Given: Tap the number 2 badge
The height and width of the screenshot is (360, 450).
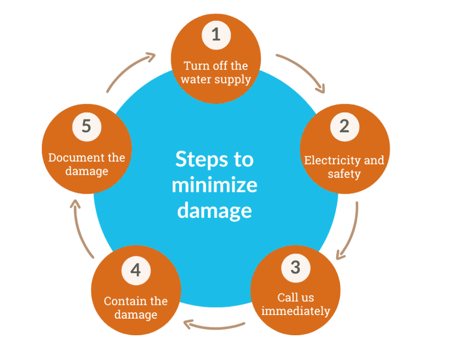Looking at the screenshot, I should [x=344, y=126].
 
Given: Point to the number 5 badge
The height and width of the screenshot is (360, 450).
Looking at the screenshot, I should [x=86, y=126].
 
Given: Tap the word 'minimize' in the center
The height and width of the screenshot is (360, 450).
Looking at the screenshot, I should [x=214, y=185].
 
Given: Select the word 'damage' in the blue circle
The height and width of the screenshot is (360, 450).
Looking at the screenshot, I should [x=214, y=211].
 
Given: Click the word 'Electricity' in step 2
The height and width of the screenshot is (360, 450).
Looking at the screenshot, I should [x=327, y=161].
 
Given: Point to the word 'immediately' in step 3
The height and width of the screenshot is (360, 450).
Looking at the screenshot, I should [x=296, y=311].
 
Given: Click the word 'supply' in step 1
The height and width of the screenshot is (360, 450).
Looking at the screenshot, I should [x=234, y=79].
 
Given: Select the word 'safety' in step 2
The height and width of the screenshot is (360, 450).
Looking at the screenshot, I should [x=344, y=174].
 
